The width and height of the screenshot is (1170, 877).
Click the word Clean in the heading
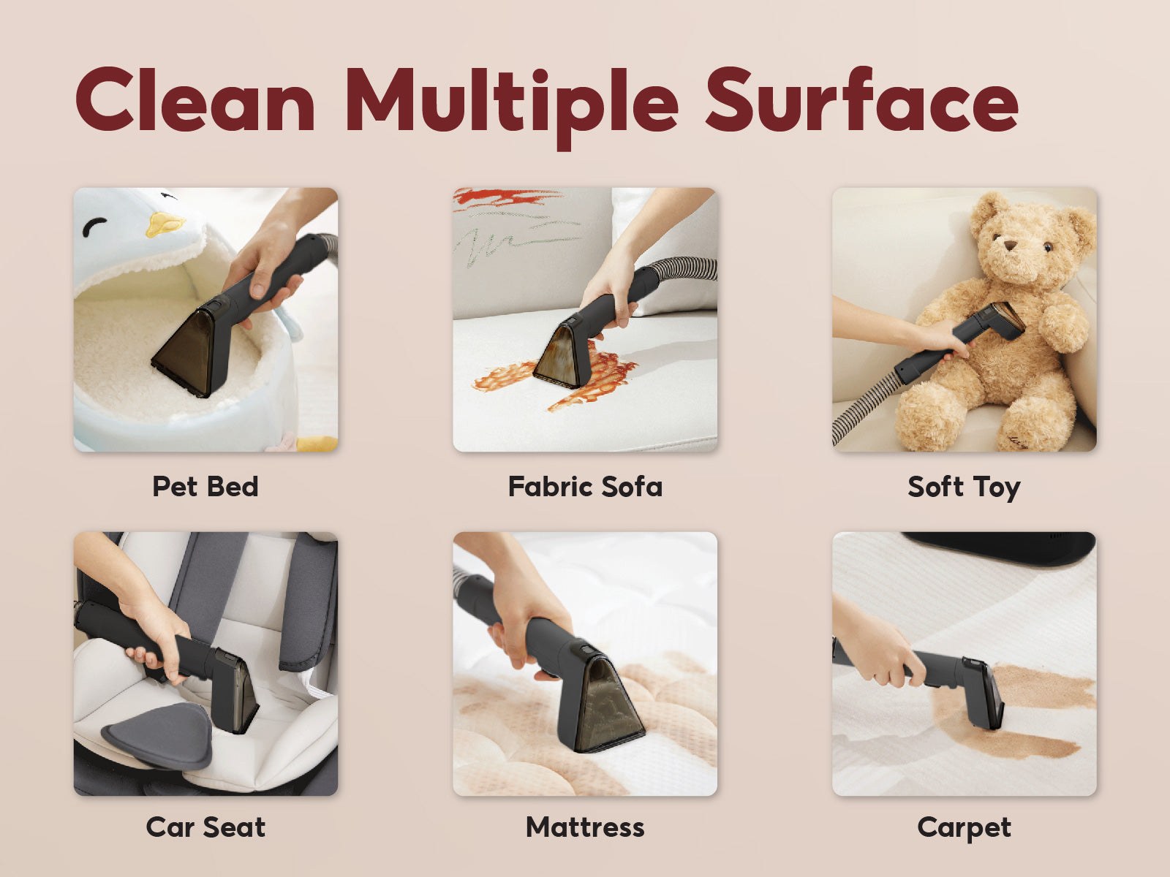(195, 99)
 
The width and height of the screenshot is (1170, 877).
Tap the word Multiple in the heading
(513, 107)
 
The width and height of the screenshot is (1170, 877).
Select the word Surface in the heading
(862, 99)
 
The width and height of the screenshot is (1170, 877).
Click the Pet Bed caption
(205, 486)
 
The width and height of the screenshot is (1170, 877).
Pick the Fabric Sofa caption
(585, 486)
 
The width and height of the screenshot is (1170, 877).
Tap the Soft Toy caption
(965, 487)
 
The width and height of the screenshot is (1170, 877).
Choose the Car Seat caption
(205, 827)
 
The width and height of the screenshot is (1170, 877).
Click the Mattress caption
(585, 827)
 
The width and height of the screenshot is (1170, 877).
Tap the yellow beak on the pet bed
(165, 224)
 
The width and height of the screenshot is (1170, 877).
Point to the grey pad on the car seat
(158, 734)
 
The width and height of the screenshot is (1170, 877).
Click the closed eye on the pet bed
(94, 227)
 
